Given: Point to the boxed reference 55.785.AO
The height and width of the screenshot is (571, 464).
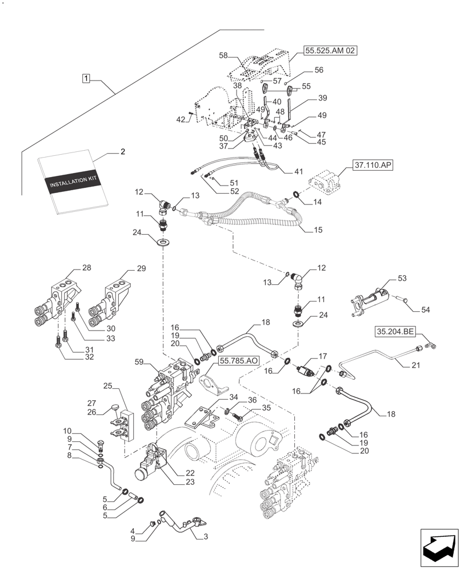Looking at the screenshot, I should pos(237,360).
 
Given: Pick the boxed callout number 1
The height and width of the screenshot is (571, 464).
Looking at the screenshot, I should pos(85,78).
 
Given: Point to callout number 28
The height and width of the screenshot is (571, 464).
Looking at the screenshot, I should pos(86,268).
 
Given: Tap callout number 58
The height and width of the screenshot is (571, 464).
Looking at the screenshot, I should pos(223,55).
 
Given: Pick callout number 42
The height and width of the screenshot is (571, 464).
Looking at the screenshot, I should pos(181,119).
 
